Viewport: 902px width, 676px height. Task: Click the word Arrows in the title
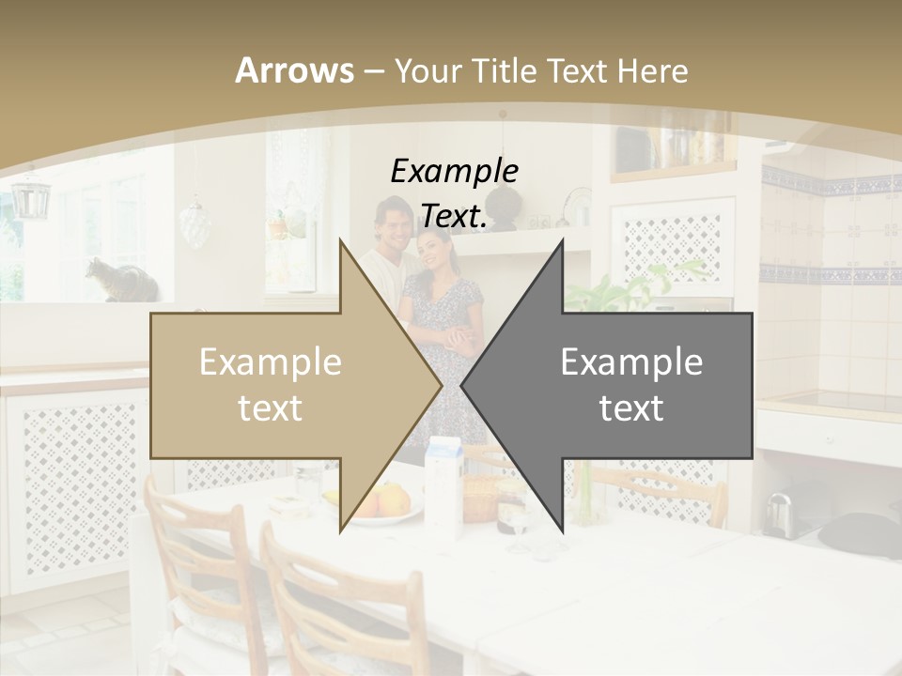point(294,70)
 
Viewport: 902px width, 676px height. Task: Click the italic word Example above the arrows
point(454,171)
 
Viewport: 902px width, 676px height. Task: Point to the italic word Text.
point(454,216)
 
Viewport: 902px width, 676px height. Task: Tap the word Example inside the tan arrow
point(270,362)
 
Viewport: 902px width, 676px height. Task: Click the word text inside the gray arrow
point(631,407)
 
